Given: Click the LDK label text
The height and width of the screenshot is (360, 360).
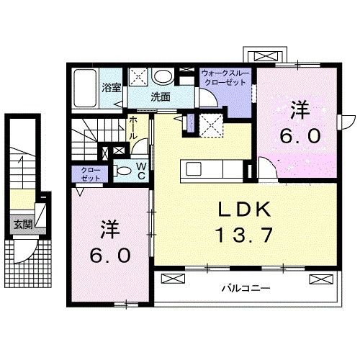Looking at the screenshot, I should click(x=244, y=210).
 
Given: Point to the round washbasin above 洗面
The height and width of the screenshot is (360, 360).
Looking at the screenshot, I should click(x=163, y=76).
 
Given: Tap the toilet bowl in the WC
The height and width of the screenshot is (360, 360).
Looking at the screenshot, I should click(x=123, y=171).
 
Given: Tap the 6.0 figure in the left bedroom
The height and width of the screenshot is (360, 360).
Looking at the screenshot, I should click(x=109, y=255).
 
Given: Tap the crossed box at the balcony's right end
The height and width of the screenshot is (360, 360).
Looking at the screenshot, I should click(x=318, y=279).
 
